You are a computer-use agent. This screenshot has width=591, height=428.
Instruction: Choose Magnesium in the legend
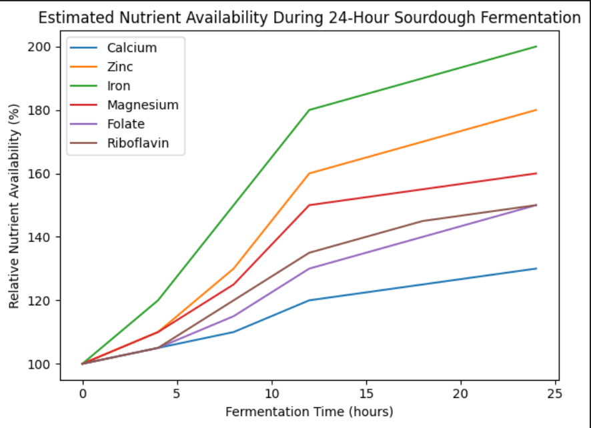click(x=143, y=105)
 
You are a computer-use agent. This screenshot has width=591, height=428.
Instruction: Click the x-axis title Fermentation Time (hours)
click(x=309, y=411)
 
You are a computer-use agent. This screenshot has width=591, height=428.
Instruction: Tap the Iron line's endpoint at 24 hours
click(x=536, y=47)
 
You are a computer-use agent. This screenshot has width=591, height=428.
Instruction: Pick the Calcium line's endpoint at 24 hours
click(x=536, y=269)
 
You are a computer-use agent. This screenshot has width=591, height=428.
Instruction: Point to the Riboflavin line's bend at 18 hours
click(x=423, y=221)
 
